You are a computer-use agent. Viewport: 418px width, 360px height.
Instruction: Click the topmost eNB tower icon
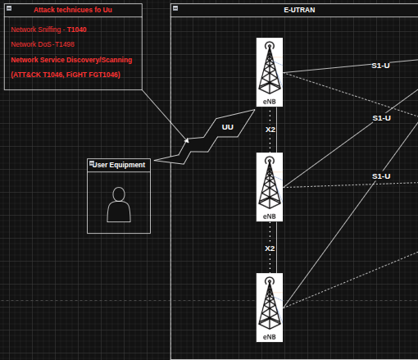click(x=270, y=72)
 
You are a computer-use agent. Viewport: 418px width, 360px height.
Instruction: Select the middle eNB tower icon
click(x=270, y=187)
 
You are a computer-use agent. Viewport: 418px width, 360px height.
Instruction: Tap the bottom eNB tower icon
click(x=270, y=308)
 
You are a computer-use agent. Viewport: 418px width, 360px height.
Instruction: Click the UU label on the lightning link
click(x=228, y=127)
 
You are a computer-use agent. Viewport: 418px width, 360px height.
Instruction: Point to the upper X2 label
click(x=270, y=130)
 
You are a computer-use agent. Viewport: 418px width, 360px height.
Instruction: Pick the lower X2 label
click(x=270, y=248)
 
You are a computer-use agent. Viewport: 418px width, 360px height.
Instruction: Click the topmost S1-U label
click(x=380, y=66)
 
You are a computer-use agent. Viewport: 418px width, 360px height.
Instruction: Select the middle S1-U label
click(x=381, y=118)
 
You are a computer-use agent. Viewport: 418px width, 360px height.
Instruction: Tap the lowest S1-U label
click(x=381, y=176)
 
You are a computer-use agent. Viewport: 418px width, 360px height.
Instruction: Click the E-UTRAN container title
click(x=299, y=10)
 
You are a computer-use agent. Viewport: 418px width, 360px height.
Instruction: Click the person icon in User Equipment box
click(x=119, y=204)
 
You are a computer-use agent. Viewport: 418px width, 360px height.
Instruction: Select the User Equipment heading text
click(x=119, y=165)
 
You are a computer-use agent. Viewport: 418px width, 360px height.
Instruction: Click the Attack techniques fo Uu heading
click(x=73, y=10)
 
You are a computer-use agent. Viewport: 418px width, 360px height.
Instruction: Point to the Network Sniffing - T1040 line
click(x=48, y=30)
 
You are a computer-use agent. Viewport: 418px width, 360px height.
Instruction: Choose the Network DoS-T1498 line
click(x=43, y=44)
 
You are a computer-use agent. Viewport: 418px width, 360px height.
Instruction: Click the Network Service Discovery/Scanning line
click(x=71, y=60)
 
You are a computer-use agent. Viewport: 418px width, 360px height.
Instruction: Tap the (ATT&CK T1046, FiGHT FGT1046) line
click(x=66, y=75)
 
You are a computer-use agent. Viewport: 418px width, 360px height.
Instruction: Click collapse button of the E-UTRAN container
click(x=175, y=8)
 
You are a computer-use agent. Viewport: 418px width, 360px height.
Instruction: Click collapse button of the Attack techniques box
click(x=9, y=8)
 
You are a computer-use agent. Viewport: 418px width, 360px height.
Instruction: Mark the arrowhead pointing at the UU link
click(x=187, y=140)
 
